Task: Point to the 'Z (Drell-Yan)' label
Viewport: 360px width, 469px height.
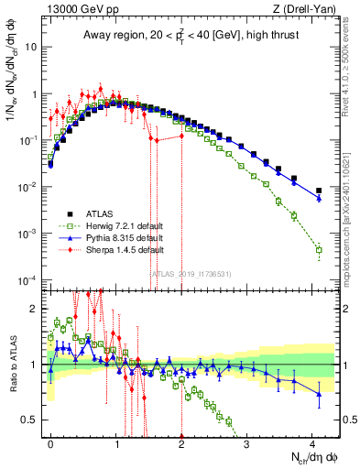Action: [306, 9]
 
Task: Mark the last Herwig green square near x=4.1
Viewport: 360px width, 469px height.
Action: [319, 249]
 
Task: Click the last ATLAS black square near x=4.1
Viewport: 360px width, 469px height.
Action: [319, 191]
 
